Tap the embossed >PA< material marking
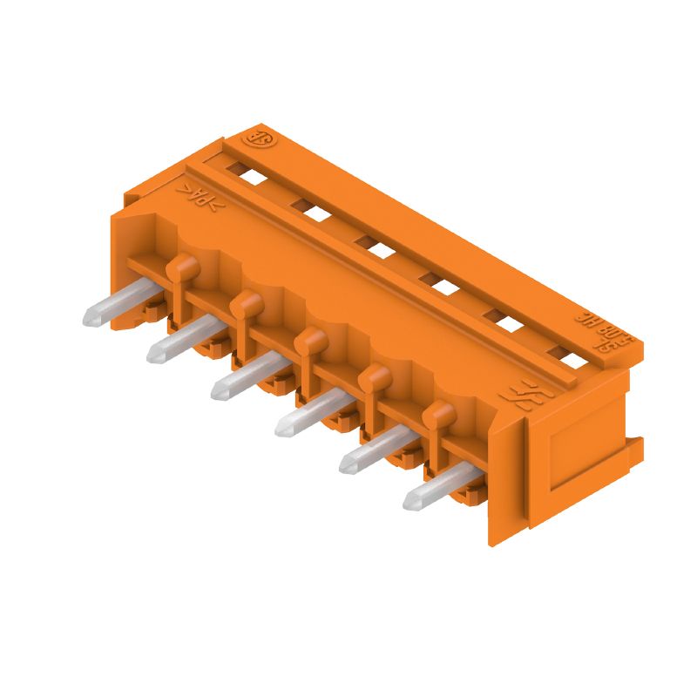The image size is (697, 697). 201,198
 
